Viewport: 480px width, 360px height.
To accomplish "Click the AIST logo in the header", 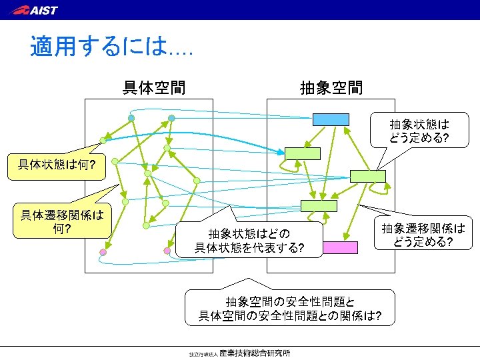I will coord(35,9).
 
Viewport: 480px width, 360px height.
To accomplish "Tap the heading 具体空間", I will coord(154,87).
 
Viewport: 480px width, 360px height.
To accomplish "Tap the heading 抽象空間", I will coord(331,87).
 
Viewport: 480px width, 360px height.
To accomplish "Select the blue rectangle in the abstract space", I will coord(331,119).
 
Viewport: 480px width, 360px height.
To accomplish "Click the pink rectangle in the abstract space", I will coord(340,248).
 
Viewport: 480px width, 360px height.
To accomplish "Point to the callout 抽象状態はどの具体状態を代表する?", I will coord(249,241).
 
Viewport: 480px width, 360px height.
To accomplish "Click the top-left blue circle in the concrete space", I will coord(132,118).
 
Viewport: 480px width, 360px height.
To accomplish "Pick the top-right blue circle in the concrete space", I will coord(171,118).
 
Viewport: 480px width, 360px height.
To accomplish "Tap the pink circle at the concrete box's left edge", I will coord(103,252).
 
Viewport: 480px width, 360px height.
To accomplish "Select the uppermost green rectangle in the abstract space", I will coord(303,153).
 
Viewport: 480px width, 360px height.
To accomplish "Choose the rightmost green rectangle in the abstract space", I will coord(368,176).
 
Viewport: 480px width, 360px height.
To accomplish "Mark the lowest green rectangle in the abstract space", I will coord(319,205).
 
